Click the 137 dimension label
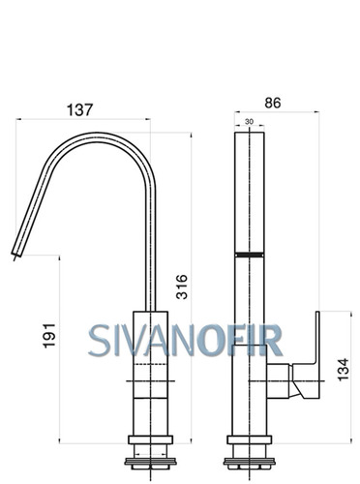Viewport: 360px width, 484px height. point(79,109)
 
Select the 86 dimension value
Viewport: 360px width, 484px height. point(273,103)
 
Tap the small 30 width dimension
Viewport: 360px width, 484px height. point(249,122)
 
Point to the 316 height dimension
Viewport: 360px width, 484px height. point(182,287)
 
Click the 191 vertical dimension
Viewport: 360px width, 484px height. point(49,335)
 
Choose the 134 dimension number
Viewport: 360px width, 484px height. point(344,370)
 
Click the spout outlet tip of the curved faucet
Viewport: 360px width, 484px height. point(16,254)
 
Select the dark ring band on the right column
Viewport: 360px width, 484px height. point(250,255)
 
